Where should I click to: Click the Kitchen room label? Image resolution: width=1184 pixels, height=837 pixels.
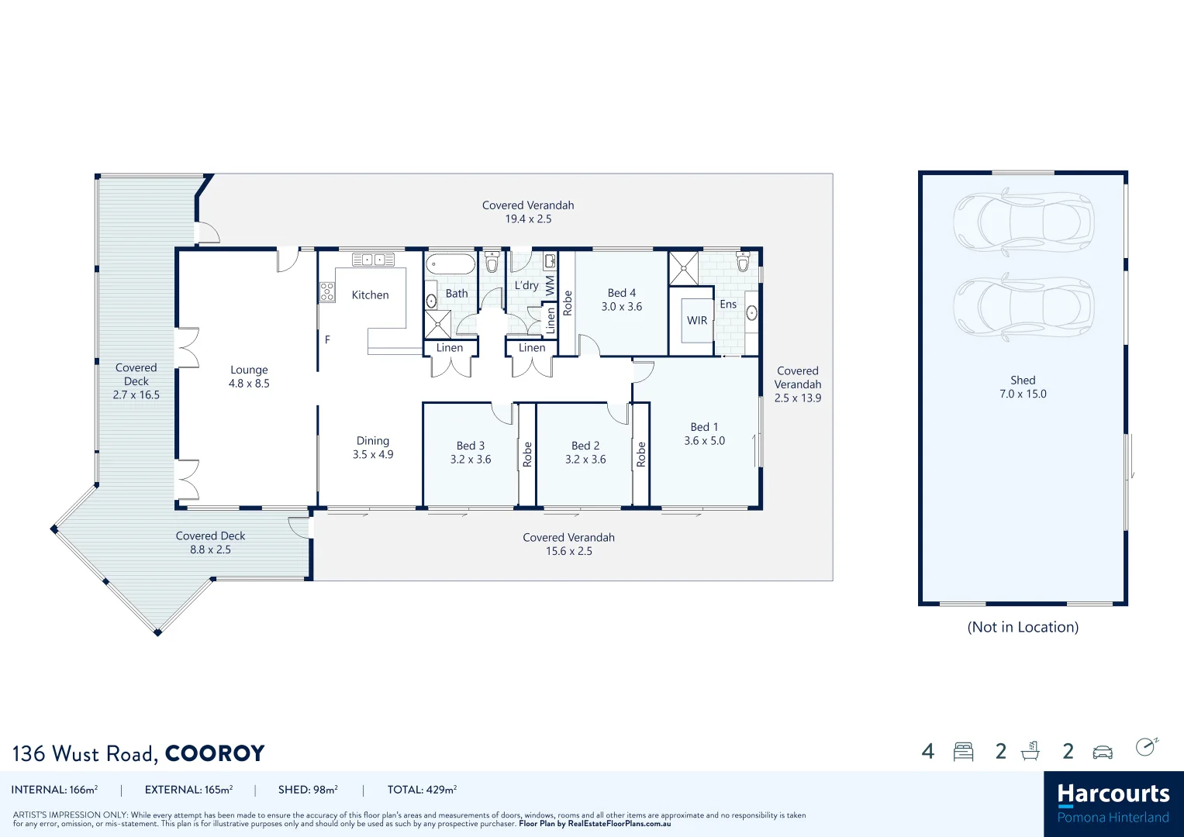click(370, 295)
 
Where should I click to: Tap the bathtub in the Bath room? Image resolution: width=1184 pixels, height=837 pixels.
click(450, 264)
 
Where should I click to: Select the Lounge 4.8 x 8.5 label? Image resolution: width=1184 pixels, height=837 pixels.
click(249, 377)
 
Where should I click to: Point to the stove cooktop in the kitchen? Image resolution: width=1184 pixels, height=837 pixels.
click(327, 291)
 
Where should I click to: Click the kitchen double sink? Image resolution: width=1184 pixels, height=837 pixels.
click(374, 260)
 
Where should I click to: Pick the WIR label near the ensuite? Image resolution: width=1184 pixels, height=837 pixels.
click(697, 321)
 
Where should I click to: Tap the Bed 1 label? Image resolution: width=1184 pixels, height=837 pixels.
click(704, 427)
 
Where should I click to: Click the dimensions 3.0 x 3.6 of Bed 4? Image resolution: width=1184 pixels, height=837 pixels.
click(622, 307)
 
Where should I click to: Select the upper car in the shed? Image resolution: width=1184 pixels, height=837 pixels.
click(1023, 222)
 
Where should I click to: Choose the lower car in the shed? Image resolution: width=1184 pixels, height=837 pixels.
click(1023, 307)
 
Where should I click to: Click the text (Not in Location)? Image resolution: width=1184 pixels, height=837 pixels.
click(1023, 627)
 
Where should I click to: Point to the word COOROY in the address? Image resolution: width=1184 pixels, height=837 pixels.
click(215, 753)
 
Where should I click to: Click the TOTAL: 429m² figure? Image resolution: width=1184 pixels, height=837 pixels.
click(422, 790)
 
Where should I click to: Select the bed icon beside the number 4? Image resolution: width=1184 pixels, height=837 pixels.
click(963, 752)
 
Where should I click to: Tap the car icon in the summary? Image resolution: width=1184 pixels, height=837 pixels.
click(1102, 753)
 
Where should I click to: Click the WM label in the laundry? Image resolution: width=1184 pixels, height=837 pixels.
click(550, 285)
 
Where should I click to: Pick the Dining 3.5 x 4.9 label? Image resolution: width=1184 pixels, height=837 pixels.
click(373, 448)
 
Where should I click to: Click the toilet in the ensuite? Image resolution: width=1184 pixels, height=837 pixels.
click(743, 261)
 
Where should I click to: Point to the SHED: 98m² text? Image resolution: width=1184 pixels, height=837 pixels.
click(308, 790)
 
